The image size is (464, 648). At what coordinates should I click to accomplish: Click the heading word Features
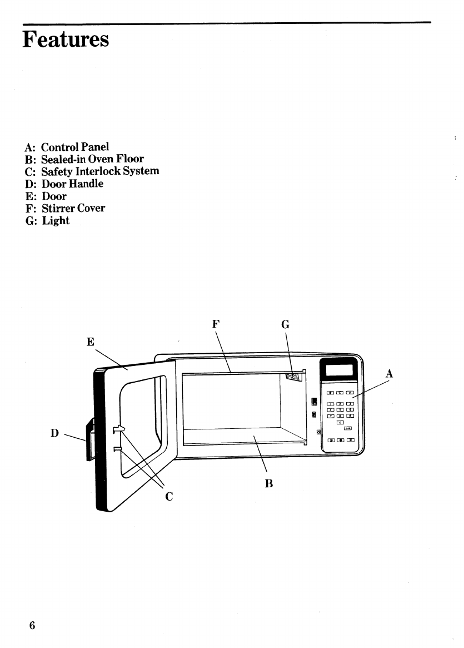pos(66,40)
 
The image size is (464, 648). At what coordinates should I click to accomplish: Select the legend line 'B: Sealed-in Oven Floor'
pos(84,159)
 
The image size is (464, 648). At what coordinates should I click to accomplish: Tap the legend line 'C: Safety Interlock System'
pos(92,171)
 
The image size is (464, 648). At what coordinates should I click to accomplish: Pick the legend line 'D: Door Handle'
pos(64,184)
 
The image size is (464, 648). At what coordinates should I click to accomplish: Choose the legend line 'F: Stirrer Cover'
pos(65,208)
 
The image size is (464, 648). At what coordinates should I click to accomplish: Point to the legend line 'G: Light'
pos(47,220)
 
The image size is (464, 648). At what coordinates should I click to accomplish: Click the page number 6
pos(32,625)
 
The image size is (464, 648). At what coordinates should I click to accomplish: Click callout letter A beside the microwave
pos(389,374)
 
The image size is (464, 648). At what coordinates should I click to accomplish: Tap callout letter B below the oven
pos(269,483)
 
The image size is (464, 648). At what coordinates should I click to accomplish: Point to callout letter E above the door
pos(90,342)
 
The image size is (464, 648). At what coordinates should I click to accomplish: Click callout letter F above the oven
pos(216,323)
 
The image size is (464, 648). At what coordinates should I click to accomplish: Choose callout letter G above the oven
pos(285,324)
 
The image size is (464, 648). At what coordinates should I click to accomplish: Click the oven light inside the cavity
pos(292,377)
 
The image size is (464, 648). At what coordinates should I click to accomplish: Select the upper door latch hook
pos(118,429)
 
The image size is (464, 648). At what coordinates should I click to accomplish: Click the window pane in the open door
pos(142,423)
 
